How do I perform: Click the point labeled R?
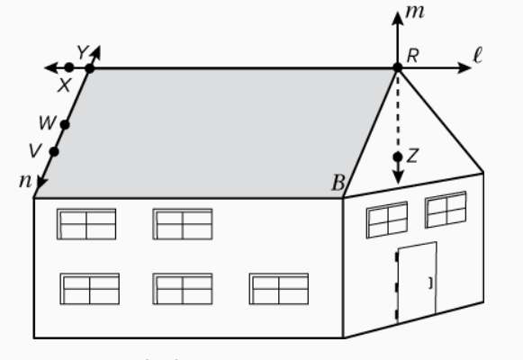coord(398,67)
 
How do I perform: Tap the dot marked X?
coord(69,67)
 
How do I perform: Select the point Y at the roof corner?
coord(90,68)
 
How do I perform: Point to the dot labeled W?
coord(65,125)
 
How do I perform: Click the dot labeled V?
coord(54,152)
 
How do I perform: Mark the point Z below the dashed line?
coord(398,157)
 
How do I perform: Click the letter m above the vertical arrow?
coord(415,12)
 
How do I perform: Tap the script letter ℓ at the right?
coord(478,55)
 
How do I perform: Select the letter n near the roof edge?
coord(25,181)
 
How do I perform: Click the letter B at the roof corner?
coord(338,183)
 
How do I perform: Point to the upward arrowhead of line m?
coord(398,18)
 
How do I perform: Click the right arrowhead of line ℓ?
coord(464,68)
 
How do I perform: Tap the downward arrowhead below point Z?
coord(398,177)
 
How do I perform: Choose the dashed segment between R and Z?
coord(398,112)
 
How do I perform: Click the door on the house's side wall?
coord(416,282)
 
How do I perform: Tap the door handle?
coord(431,283)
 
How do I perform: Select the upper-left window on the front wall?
coord(86,224)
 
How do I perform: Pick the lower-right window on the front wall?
coord(279,289)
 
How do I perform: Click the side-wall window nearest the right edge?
coord(446,210)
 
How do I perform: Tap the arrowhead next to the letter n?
coord(42,183)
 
